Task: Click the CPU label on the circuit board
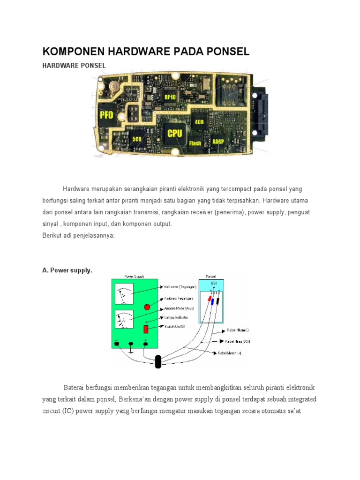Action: [174, 134]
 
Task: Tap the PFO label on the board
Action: [106, 115]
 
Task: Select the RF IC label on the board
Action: [171, 97]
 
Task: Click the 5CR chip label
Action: [137, 139]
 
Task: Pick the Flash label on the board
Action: [195, 143]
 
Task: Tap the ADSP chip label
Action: [218, 141]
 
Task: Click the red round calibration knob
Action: [147, 307]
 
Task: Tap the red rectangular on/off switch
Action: [146, 329]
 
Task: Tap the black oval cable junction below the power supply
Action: [158, 361]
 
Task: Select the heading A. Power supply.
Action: [67, 270]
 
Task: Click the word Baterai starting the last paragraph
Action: [75, 388]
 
